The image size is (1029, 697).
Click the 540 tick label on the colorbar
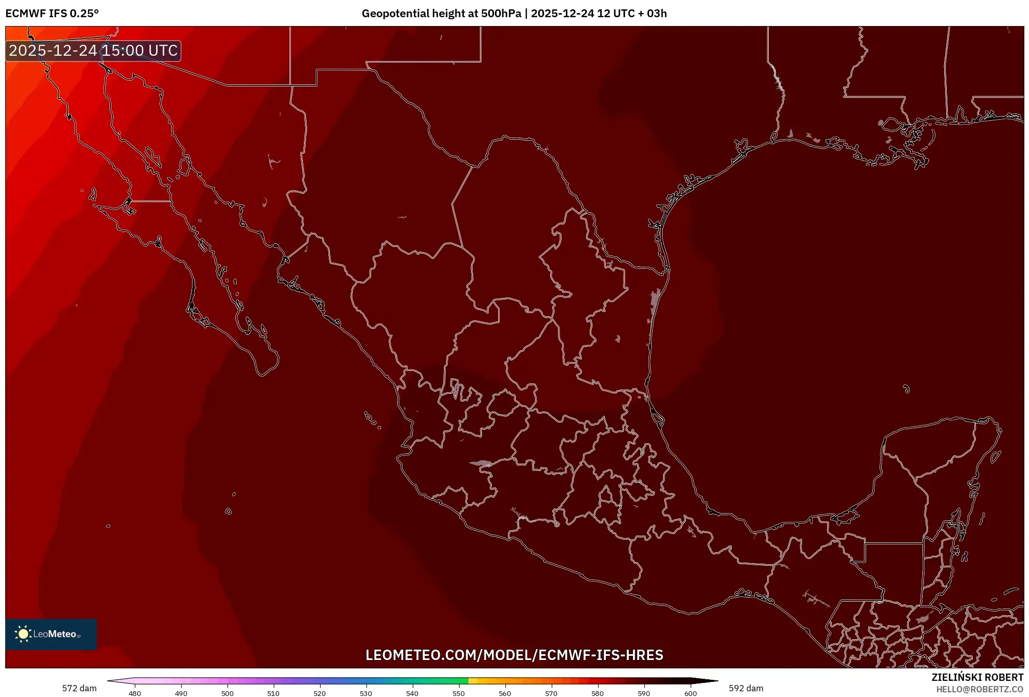(412, 693)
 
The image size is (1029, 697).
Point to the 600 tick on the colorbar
(690, 693)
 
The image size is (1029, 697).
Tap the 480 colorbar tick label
(135, 693)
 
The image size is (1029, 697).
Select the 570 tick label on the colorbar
(551, 693)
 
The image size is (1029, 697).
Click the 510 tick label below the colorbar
(273, 693)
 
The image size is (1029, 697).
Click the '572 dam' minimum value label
(79, 688)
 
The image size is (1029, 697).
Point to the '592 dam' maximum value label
(746, 688)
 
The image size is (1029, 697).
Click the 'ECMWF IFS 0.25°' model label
(52, 14)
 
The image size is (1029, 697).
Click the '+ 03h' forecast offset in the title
(650, 14)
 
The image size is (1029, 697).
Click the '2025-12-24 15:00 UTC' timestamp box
(93, 51)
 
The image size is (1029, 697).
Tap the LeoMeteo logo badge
(51, 634)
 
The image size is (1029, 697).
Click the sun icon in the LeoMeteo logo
(23, 634)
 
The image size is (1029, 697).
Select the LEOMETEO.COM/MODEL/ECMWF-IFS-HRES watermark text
(514, 655)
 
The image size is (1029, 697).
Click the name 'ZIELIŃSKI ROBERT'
(977, 677)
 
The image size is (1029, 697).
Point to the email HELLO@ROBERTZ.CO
(980, 689)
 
